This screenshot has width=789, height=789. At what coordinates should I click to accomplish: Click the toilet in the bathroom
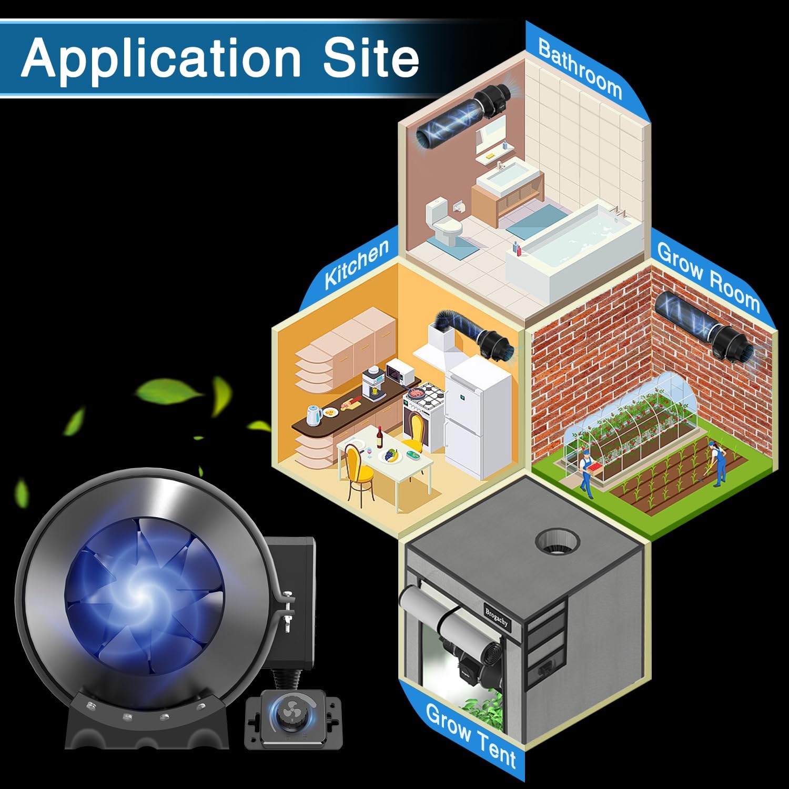point(442,221)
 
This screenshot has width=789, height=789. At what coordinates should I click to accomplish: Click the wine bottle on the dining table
point(379,437)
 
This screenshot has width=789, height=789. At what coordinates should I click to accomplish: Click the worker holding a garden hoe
point(716,462)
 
